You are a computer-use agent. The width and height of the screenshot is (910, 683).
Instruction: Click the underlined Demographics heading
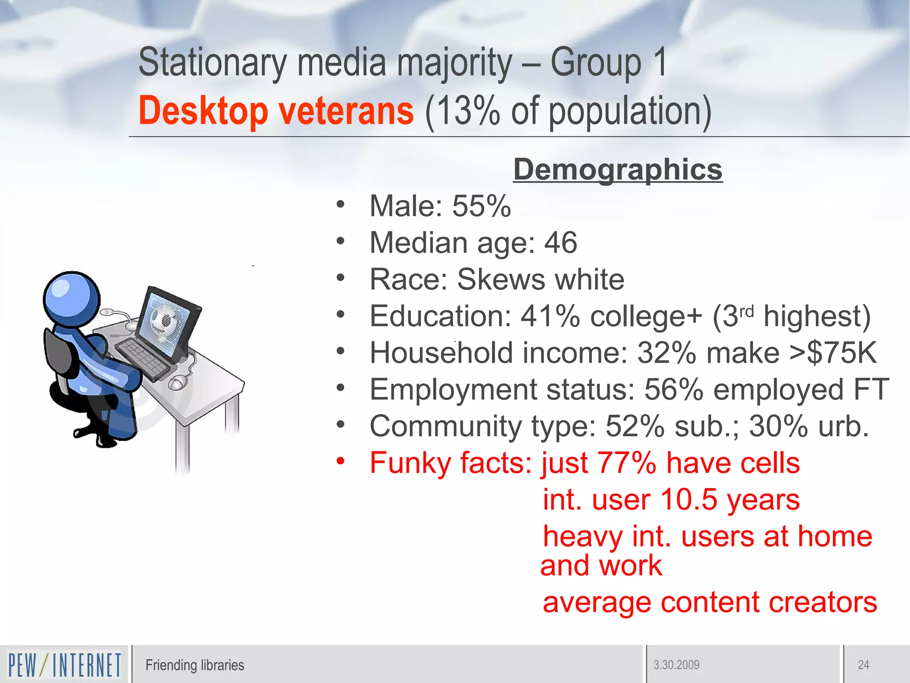tap(618, 170)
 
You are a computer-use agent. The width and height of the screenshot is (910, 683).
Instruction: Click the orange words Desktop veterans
tap(276, 111)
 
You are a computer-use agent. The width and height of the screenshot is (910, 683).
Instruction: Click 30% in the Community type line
tap(778, 426)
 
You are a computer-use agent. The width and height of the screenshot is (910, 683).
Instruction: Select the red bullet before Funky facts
tap(340, 461)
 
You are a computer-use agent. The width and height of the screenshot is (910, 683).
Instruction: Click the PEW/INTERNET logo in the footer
tap(64, 665)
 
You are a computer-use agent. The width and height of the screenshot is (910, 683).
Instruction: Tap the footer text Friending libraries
tap(195, 665)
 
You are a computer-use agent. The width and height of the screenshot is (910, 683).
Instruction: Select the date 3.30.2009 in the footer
tap(676, 665)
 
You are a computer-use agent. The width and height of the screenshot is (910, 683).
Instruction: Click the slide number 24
tap(863, 665)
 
